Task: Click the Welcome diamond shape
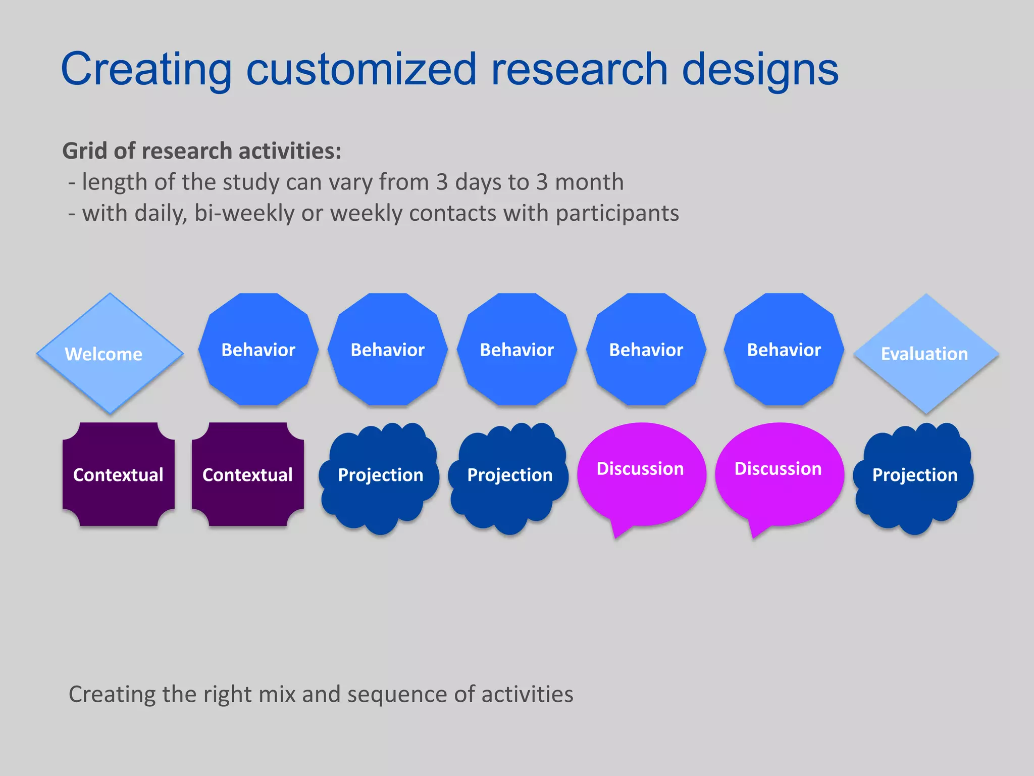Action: [110, 353]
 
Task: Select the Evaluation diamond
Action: [926, 353]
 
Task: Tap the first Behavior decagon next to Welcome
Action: [258, 350]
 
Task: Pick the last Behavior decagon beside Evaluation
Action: [784, 350]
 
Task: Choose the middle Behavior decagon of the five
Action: [516, 350]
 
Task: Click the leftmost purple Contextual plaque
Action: [118, 474]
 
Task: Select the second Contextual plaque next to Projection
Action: [247, 474]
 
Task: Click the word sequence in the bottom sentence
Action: [398, 694]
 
